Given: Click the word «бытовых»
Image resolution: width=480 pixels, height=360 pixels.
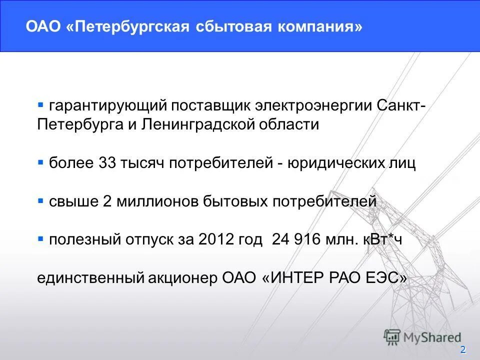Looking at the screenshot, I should pos(235,201).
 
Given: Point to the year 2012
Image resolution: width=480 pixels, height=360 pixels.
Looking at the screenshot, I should pos(216,239).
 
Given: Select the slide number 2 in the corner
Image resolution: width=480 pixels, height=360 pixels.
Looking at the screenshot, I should pos(463,349).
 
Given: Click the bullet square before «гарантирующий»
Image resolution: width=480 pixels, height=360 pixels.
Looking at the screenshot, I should pos(41,104).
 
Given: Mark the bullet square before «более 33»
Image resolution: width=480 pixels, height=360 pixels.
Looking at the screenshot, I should pos(41,162).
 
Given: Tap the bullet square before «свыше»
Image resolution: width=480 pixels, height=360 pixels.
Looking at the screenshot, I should pos(41,200).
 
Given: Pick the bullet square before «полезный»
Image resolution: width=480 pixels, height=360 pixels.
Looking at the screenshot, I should pos(41,238).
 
